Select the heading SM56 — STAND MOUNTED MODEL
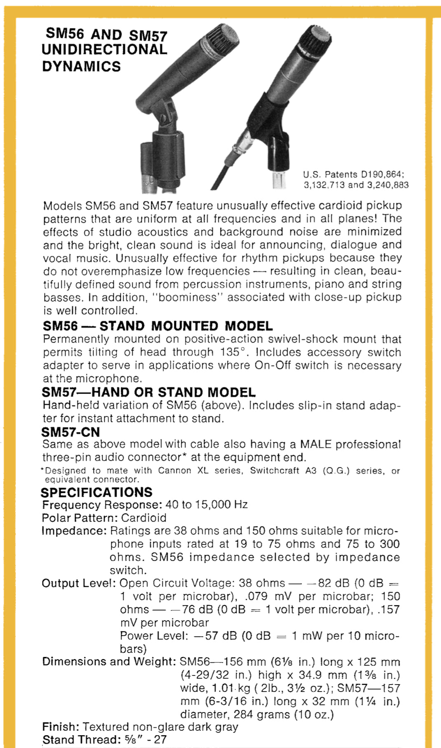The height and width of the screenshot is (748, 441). pyautogui.click(x=157, y=326)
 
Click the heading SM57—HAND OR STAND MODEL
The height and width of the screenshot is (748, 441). pyautogui.click(x=148, y=392)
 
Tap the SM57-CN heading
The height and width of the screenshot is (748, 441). pyautogui.click(x=70, y=432)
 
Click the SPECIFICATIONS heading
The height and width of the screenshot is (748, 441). pyautogui.click(x=96, y=492)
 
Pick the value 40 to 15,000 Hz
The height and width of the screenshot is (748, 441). pyautogui.click(x=206, y=505)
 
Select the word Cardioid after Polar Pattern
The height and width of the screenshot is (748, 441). pyautogui.click(x=144, y=518)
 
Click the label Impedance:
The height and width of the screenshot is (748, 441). pyautogui.click(x=74, y=531)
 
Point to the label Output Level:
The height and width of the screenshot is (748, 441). pyautogui.click(x=78, y=583)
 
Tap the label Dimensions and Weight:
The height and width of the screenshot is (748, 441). pyautogui.click(x=109, y=662)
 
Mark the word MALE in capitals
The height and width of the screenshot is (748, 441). pyautogui.click(x=316, y=444)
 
